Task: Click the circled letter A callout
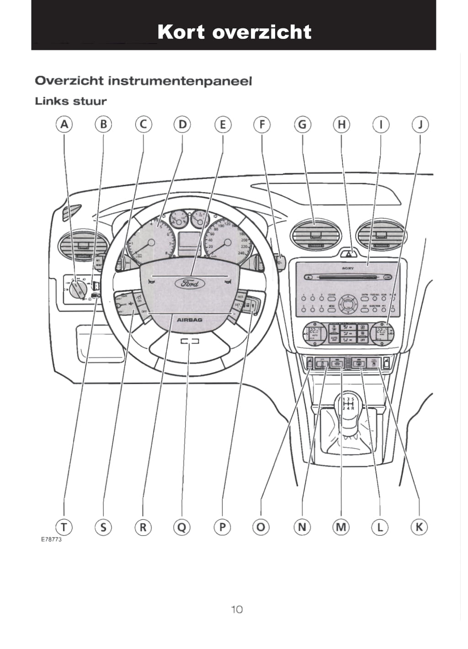[x=64, y=124]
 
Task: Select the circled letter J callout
[x=420, y=124]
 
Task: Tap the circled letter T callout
[x=64, y=527]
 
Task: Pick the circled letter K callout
[x=419, y=527]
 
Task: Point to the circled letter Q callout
[x=182, y=527]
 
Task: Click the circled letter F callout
[x=262, y=124]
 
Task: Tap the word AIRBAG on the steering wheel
[x=189, y=320]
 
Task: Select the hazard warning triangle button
[x=348, y=252]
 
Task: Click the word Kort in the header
[x=181, y=32]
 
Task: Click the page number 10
[x=237, y=609]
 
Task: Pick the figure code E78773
[x=51, y=539]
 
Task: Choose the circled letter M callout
[x=341, y=527]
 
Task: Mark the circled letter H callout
[x=341, y=124]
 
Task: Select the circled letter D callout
[x=182, y=124]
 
